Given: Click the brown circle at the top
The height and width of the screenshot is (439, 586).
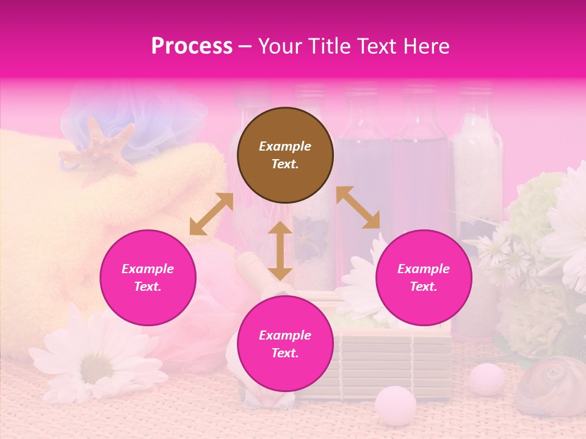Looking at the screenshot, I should tap(285, 155).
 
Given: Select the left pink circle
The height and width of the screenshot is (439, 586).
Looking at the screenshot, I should tap(148, 277).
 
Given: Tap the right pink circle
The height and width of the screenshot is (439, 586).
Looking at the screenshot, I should tap(424, 277).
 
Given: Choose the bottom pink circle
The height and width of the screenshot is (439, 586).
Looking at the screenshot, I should tap(285, 344).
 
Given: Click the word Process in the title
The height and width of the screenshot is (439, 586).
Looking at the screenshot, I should tap(192, 46).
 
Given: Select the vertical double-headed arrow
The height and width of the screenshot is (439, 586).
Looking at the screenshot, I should tap(280, 251).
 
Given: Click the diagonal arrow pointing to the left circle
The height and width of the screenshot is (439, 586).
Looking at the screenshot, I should tap(211, 213).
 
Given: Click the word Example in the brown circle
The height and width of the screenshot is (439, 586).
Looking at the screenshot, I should tap(285, 146).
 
